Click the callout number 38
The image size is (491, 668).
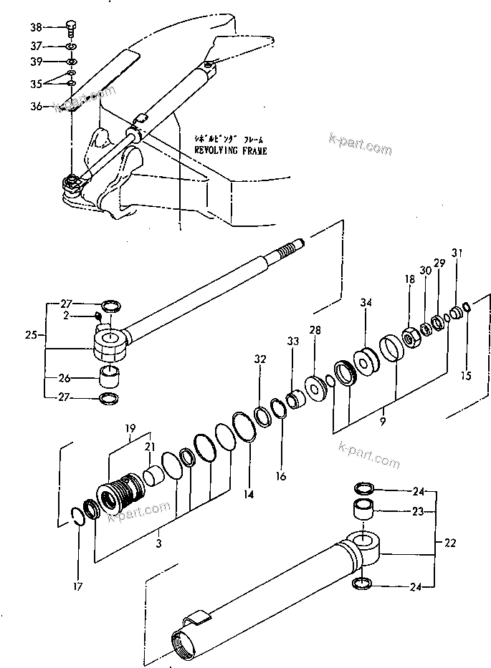[36, 28]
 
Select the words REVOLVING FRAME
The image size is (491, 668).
[230, 151]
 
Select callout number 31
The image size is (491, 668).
[457, 253]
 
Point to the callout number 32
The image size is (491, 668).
[259, 359]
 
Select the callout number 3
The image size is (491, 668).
[158, 544]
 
